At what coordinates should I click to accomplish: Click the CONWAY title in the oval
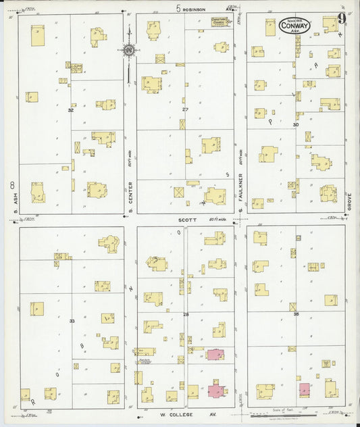tap(291, 28)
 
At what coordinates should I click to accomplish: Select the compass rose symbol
tap(128, 49)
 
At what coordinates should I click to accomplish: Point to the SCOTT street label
tap(187, 219)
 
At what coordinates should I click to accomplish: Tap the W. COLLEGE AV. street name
tap(186, 413)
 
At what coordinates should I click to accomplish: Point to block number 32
tap(70, 109)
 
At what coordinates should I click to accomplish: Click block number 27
tap(184, 109)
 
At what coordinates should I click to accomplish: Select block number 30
tap(295, 124)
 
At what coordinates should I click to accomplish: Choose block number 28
tap(186, 315)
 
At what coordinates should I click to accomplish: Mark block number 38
tap(295, 314)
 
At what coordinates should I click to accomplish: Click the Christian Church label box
tap(221, 22)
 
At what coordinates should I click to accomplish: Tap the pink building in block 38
tap(305, 390)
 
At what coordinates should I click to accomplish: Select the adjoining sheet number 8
tap(11, 184)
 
